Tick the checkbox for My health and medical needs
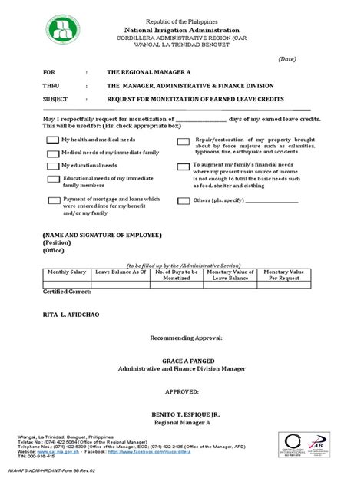pyautogui.click(x=53, y=140)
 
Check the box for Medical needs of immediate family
pyautogui.click(x=53, y=153)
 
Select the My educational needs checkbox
pyautogui.click(x=53, y=166)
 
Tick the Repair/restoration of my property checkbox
pyautogui.click(x=183, y=142)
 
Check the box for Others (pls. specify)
pyautogui.click(x=183, y=200)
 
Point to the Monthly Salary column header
pyautogui.click(x=66, y=272)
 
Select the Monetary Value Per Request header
pyautogui.click(x=285, y=275)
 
